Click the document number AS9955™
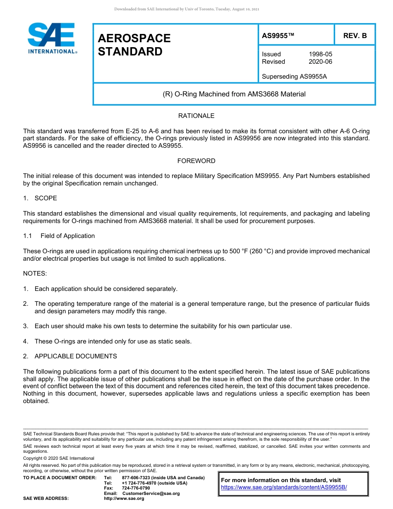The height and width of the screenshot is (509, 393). tap(278, 36)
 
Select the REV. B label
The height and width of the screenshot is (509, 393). tap(355, 36)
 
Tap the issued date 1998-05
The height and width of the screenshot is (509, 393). tap(320, 54)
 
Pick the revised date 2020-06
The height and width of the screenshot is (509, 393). tap(320, 62)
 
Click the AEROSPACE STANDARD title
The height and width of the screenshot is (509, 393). tap(134, 45)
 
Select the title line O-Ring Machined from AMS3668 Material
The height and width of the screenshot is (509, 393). tap(234, 94)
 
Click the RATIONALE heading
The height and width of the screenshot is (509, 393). tap(196, 116)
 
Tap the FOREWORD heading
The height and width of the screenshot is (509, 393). tap(196, 161)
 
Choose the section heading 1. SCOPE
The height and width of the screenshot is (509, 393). tap(40, 198)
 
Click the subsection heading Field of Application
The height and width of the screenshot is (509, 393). tap(67, 236)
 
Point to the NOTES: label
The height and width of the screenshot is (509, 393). tap(35, 274)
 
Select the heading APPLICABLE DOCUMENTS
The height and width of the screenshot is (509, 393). tap(75, 356)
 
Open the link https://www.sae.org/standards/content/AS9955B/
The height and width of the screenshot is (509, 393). tap(284, 487)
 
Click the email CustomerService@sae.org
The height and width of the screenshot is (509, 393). tap(151, 493)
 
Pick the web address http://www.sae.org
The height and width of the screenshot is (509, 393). tap(124, 498)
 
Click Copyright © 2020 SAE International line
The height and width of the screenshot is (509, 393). tap(59, 458)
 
